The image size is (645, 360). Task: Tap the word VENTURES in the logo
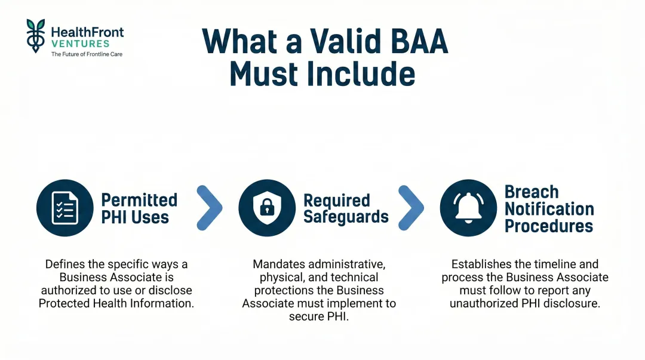pos(81,44)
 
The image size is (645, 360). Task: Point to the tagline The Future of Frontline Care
pos(87,54)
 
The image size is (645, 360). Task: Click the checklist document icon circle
pos(64,208)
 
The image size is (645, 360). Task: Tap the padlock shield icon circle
pos(267,208)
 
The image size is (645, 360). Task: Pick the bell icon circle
pos(468,208)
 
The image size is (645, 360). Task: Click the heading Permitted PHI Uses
pos(139,208)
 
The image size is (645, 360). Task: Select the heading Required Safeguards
pos(346,208)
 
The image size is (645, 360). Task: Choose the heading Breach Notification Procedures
pos(549,209)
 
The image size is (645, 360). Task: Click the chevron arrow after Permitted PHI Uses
pos(209,208)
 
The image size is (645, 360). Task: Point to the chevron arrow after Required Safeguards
pos(411,208)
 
